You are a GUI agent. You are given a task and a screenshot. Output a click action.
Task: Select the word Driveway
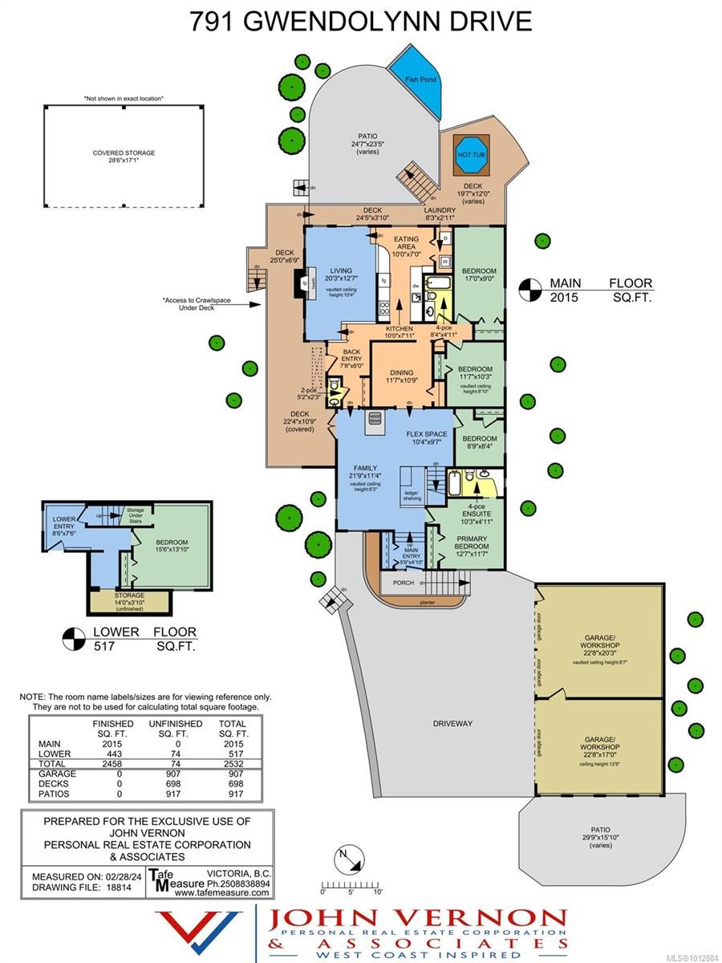point(452,723)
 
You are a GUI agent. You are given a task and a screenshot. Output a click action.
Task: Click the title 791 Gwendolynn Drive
point(360,22)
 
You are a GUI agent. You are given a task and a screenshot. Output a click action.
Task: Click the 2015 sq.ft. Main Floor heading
point(600,291)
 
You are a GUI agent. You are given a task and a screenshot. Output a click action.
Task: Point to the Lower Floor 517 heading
point(133,638)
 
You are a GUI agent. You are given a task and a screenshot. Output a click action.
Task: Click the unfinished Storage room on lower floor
point(129,599)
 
